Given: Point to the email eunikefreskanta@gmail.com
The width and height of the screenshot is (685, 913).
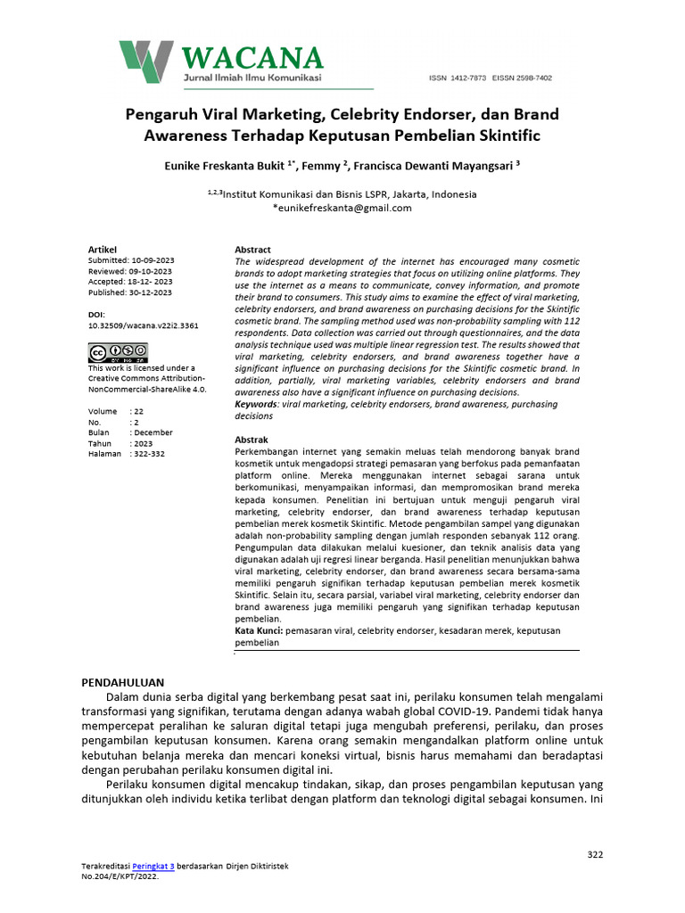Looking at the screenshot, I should (x=344, y=208).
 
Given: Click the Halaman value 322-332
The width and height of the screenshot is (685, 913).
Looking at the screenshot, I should (x=148, y=454).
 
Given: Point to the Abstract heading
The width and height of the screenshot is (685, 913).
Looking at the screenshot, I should (x=252, y=250).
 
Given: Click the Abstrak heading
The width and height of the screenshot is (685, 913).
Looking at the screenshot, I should (x=252, y=440).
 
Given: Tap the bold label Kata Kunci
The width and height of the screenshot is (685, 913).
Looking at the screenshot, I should (x=259, y=630).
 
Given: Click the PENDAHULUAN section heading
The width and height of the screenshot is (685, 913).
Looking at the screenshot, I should (x=123, y=682).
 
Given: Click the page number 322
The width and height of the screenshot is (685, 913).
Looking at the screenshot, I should (x=595, y=854).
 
